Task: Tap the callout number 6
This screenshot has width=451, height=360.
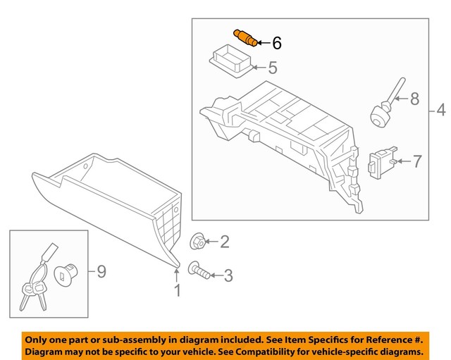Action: click(x=276, y=44)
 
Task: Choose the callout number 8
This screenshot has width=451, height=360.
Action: click(x=414, y=99)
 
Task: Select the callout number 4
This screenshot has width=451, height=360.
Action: click(x=440, y=111)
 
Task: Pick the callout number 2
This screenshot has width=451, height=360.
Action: click(x=225, y=243)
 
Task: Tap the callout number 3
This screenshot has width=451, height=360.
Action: click(x=227, y=275)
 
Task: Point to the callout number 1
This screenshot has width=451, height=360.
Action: click(x=177, y=290)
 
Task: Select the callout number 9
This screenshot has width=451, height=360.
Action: click(x=101, y=271)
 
